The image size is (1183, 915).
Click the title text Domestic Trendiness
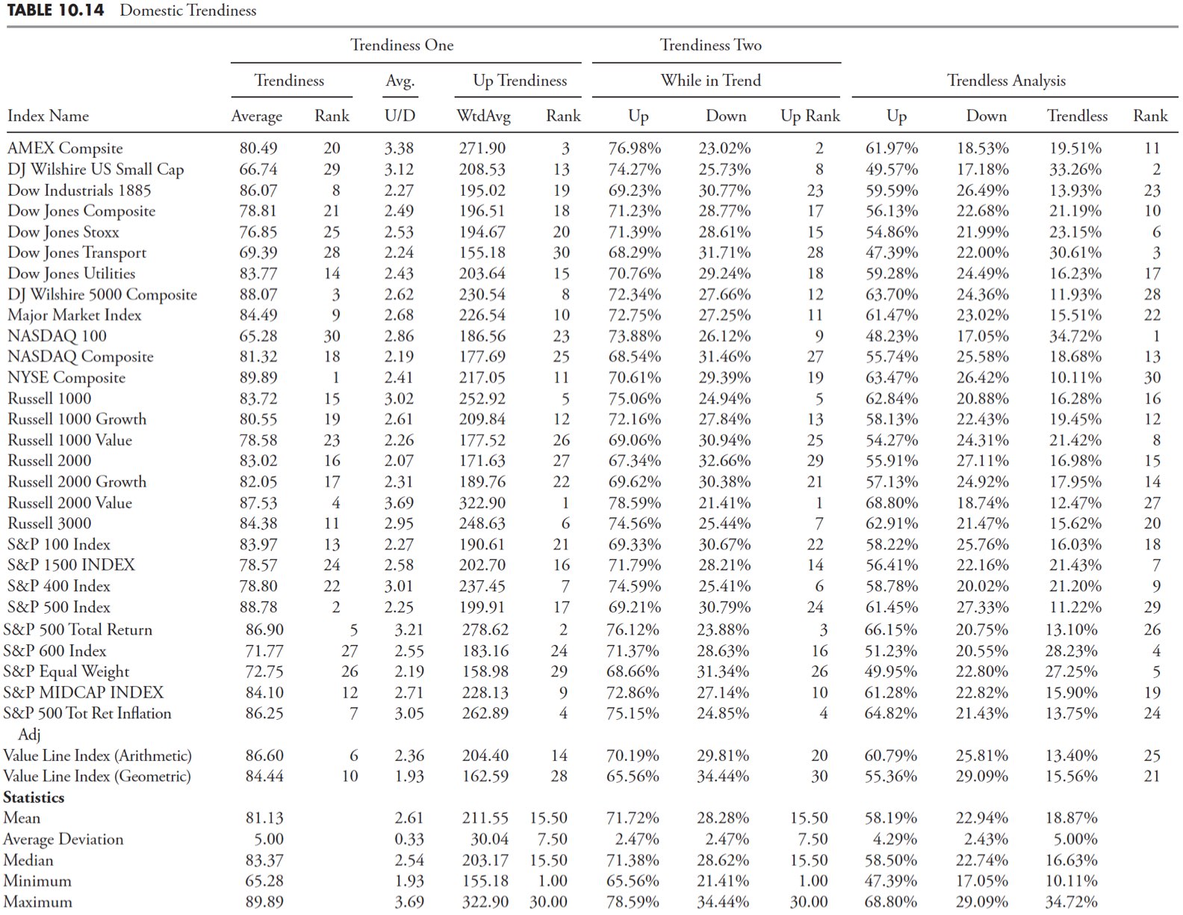point(187,10)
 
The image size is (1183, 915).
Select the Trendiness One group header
point(402,46)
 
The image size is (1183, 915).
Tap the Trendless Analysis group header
point(1006,81)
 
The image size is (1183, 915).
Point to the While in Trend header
point(710,81)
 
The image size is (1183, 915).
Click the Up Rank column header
point(810,116)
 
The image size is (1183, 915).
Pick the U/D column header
point(400,116)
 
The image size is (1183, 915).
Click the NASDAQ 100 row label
point(57,336)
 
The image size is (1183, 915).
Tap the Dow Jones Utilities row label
point(72,274)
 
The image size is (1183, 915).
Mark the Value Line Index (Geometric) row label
point(97,777)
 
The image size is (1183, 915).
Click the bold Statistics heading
point(34,798)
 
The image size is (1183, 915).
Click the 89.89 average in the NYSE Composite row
point(258,378)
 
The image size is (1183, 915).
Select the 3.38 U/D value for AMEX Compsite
point(399,149)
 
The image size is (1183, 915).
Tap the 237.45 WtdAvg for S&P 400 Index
point(482,586)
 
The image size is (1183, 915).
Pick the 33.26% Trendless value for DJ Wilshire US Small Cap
point(1075,170)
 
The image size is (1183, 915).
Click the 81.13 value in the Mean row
point(264,819)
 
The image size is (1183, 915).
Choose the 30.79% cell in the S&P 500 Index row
point(724,607)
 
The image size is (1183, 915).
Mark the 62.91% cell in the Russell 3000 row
point(892,524)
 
